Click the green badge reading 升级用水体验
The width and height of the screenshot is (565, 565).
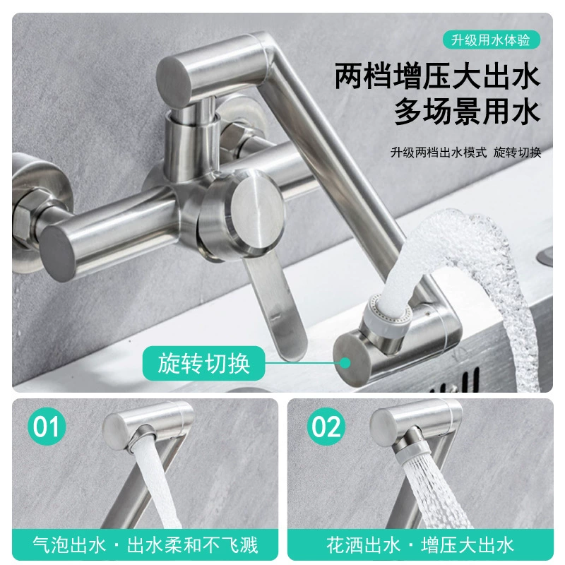coord(491,40)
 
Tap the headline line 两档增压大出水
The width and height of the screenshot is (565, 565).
coord(437,76)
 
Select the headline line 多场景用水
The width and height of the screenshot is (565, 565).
coord(468,112)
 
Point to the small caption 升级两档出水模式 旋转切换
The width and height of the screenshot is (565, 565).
coord(466,153)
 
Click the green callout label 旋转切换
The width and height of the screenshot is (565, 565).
coord(204,363)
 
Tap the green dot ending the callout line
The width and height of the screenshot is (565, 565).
coord(345,363)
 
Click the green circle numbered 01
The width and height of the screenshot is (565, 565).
coord(47,427)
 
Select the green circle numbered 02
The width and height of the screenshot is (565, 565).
coord(326,427)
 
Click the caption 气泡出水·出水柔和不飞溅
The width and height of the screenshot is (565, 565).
coord(145,545)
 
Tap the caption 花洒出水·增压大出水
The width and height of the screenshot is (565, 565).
coord(420,545)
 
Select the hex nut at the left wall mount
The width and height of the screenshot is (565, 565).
coord(23,220)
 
